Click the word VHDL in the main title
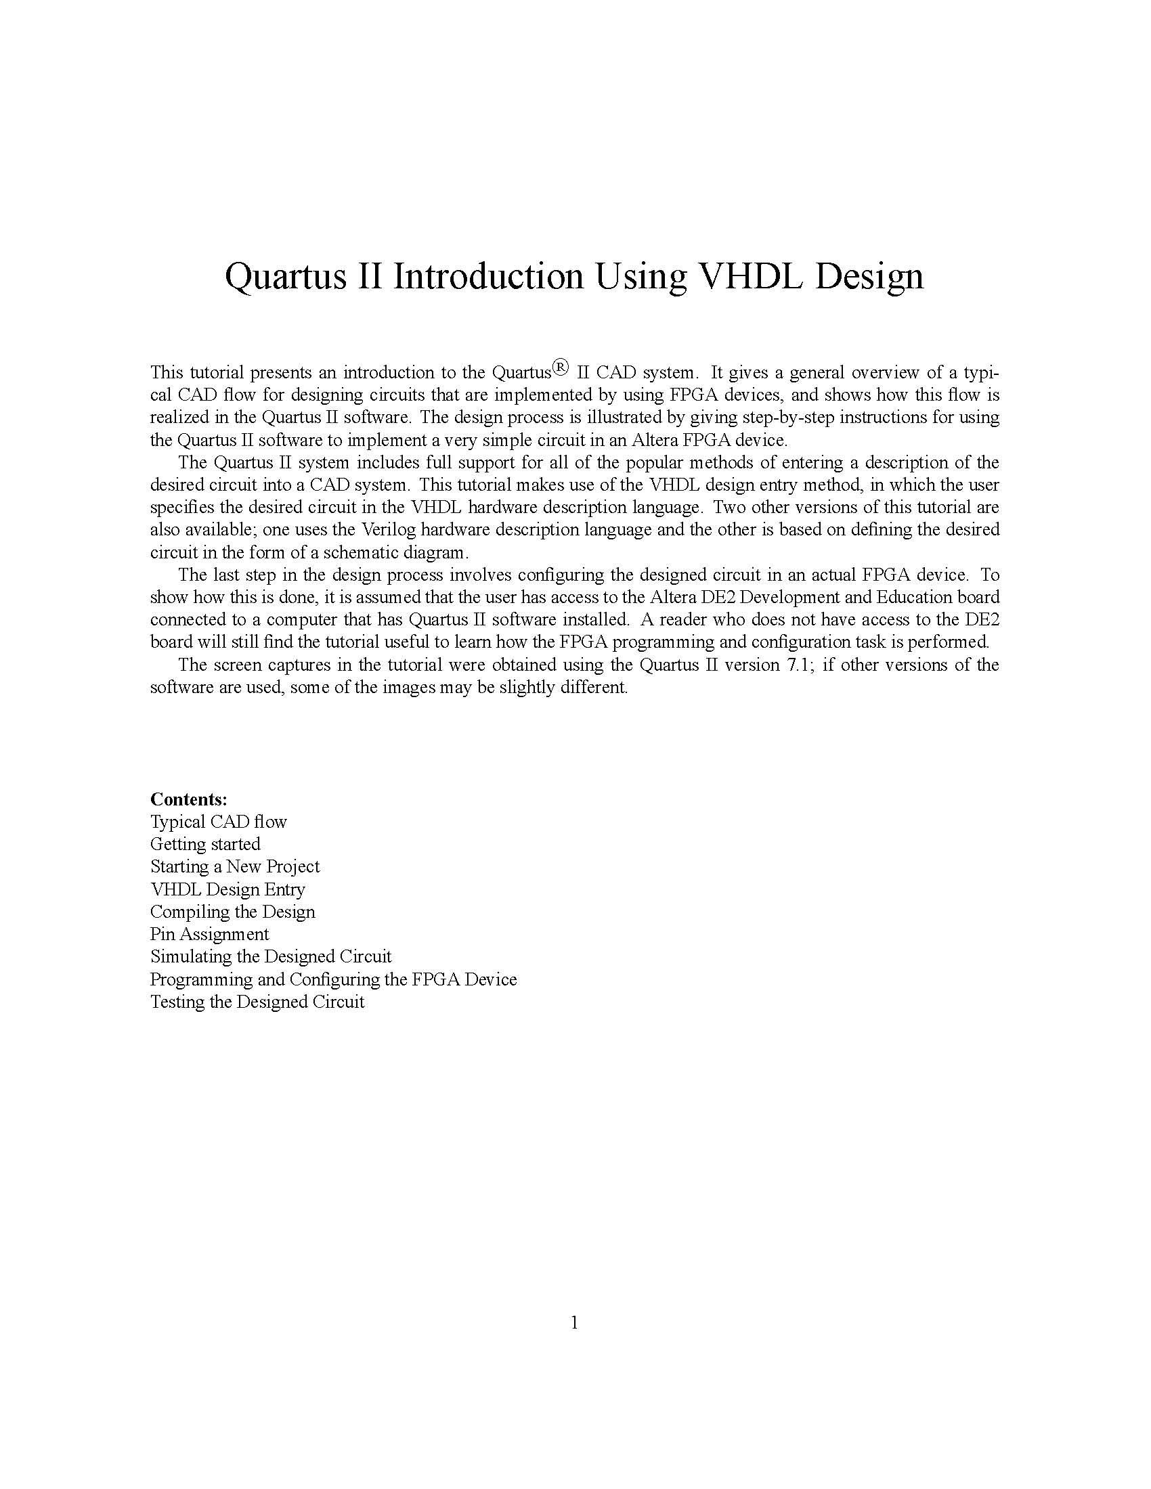(x=751, y=276)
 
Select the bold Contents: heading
(x=189, y=799)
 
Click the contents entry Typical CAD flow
(x=218, y=822)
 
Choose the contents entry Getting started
(x=205, y=844)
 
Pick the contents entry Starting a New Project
(x=234, y=866)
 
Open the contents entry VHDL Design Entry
(x=227, y=889)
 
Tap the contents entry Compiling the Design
(x=232, y=912)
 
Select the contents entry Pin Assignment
(x=209, y=934)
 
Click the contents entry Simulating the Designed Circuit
(x=271, y=956)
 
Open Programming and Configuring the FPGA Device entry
(x=333, y=979)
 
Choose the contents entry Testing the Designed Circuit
(x=257, y=1002)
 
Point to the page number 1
(x=574, y=1323)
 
